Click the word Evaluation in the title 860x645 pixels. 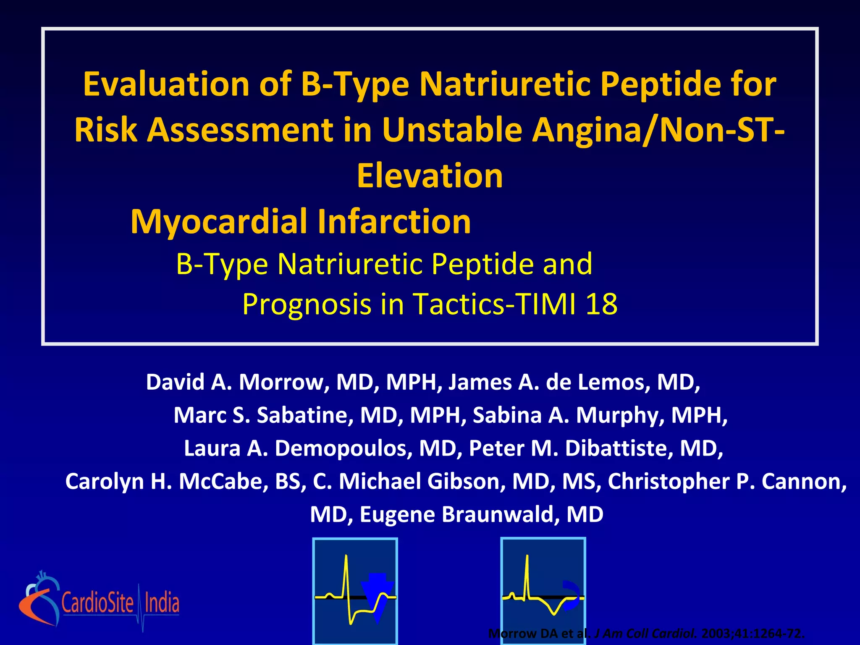tap(166, 84)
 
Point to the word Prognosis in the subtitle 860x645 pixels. tap(307, 304)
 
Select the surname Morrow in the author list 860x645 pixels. tap(283, 383)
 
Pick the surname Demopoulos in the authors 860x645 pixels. tap(341, 448)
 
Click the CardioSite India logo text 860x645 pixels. tap(121, 603)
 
